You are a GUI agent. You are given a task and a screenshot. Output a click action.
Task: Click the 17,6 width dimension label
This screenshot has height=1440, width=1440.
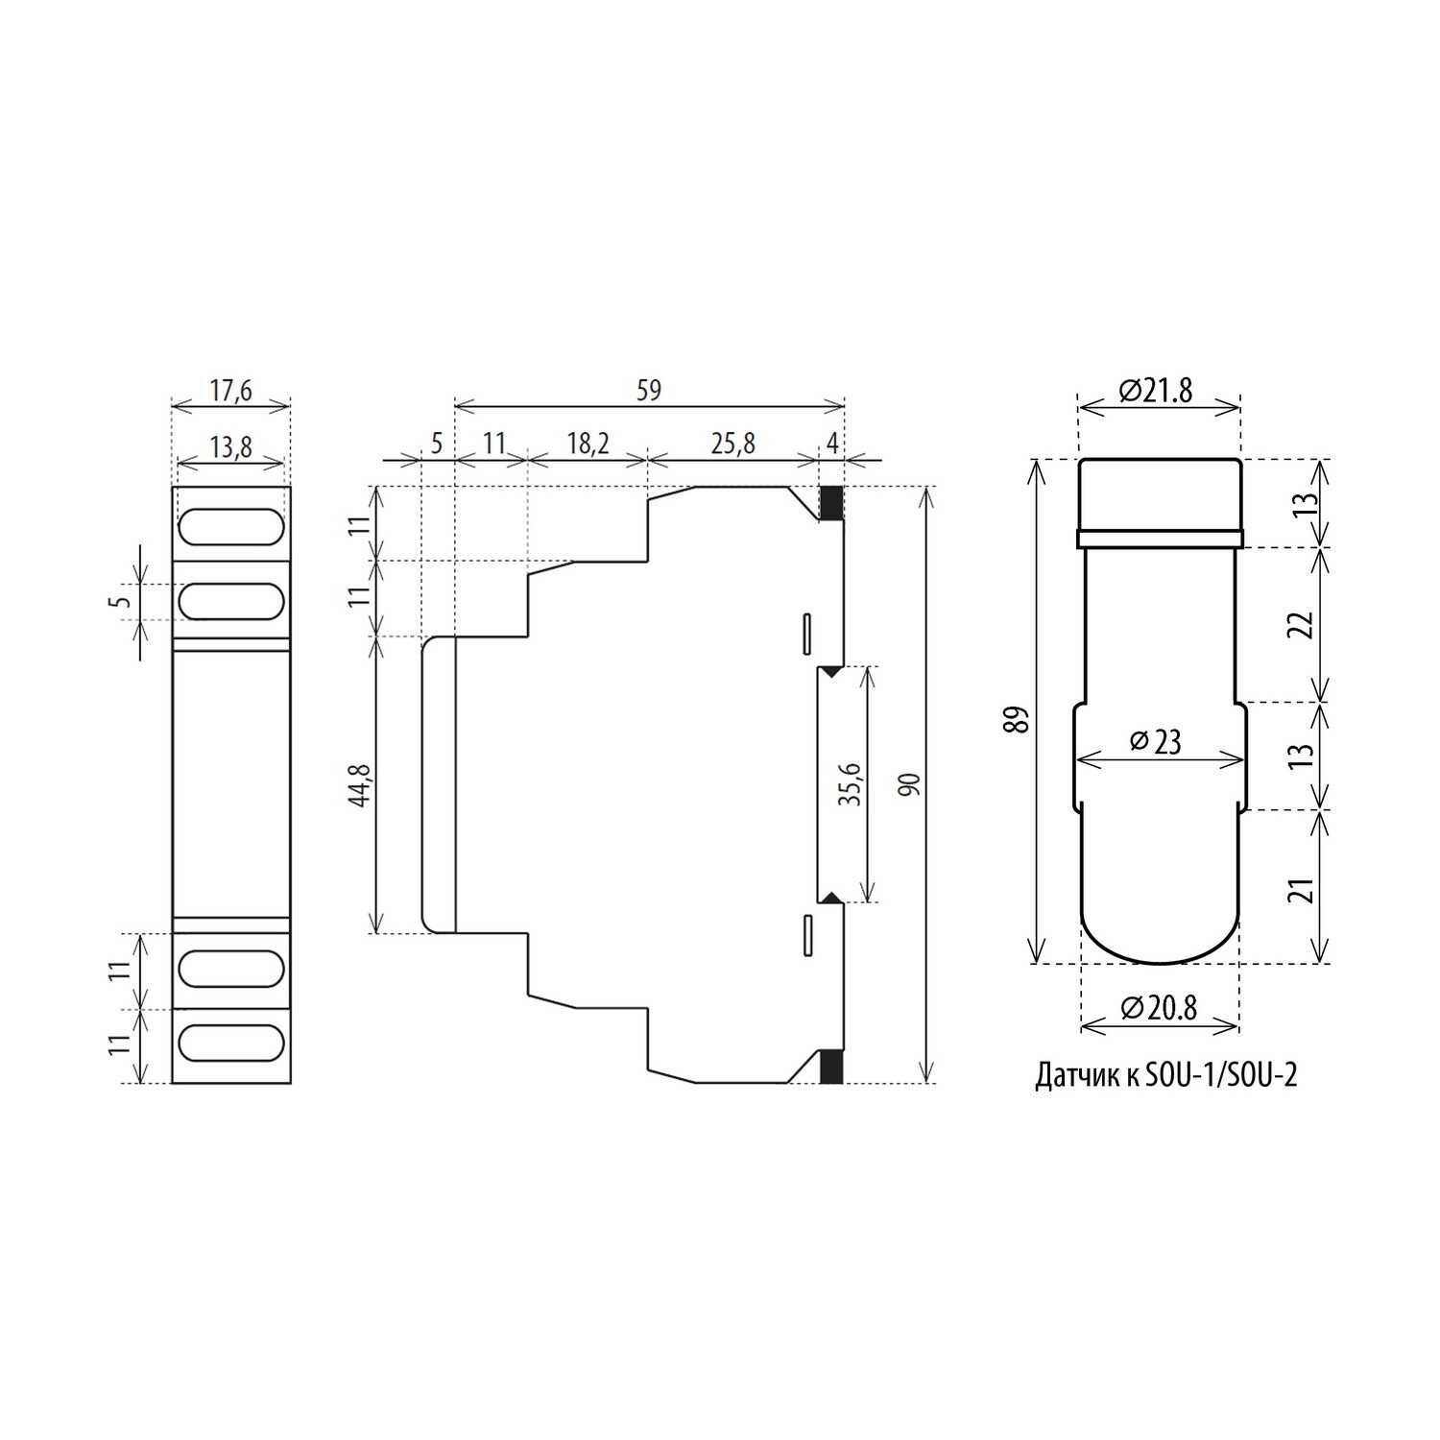(x=230, y=391)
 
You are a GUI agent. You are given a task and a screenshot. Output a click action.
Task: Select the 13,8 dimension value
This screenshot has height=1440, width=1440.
(x=230, y=447)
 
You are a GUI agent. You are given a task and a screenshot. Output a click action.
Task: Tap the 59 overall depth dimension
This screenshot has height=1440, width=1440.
(x=649, y=391)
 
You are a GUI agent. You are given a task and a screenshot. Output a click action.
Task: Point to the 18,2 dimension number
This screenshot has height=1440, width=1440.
(x=588, y=444)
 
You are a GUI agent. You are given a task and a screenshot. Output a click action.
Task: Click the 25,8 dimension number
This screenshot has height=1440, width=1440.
(x=733, y=444)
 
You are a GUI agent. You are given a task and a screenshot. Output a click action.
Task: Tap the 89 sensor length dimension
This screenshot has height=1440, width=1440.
(x=1017, y=720)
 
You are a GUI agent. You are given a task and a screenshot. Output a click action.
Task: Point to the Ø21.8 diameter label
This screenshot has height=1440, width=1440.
(x=1156, y=391)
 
